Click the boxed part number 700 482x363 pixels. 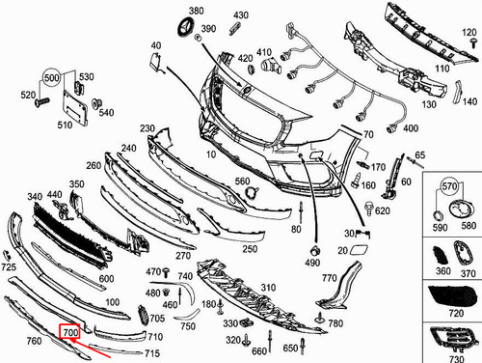[69, 333]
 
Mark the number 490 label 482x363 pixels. [312, 263]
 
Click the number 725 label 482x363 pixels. [9, 266]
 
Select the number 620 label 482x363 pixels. [383, 209]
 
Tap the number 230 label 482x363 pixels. [147, 128]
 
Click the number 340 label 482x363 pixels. [35, 197]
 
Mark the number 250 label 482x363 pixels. [250, 248]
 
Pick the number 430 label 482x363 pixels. [240, 15]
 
